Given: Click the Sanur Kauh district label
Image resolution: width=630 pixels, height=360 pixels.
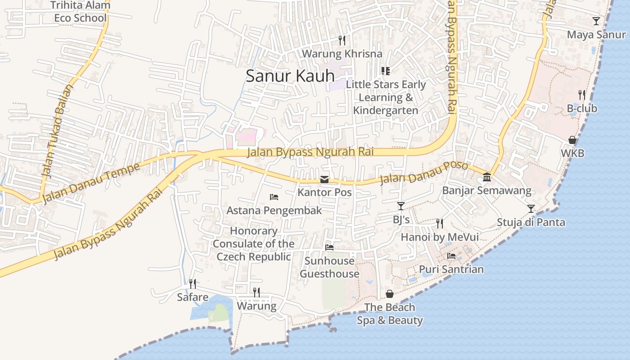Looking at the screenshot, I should (290, 76).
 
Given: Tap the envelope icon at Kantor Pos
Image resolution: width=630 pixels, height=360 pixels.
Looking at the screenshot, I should (324, 180).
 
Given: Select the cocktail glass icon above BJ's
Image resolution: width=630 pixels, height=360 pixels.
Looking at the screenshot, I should (400, 206).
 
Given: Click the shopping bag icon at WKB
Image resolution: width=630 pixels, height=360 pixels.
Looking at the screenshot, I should (572, 140).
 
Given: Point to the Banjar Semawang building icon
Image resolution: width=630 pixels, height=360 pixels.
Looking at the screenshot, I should (486, 177).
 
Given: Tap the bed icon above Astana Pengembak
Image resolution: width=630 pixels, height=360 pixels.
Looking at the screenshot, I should (274, 197).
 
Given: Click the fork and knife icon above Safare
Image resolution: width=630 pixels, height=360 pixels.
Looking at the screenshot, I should (192, 283).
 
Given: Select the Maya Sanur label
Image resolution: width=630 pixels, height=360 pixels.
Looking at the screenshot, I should (596, 35).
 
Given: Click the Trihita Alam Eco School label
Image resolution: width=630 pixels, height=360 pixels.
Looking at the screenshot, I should (80, 12).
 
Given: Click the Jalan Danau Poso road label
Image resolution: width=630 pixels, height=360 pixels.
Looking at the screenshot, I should (424, 173).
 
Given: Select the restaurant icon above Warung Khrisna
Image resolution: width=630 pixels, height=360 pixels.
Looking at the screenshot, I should (342, 40).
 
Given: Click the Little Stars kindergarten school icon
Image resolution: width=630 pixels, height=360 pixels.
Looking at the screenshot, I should (385, 71).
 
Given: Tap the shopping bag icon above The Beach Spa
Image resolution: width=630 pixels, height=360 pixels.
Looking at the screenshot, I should (390, 294).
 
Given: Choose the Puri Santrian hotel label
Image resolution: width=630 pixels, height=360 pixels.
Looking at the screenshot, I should (451, 269).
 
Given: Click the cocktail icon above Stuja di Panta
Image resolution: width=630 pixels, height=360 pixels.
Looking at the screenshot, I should (531, 208).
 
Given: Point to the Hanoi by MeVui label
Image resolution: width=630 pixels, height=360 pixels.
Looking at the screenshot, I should (440, 237).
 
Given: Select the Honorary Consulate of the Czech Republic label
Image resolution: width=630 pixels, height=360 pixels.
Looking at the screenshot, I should (254, 243).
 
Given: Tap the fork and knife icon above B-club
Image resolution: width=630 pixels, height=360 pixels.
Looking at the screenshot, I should (582, 95).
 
